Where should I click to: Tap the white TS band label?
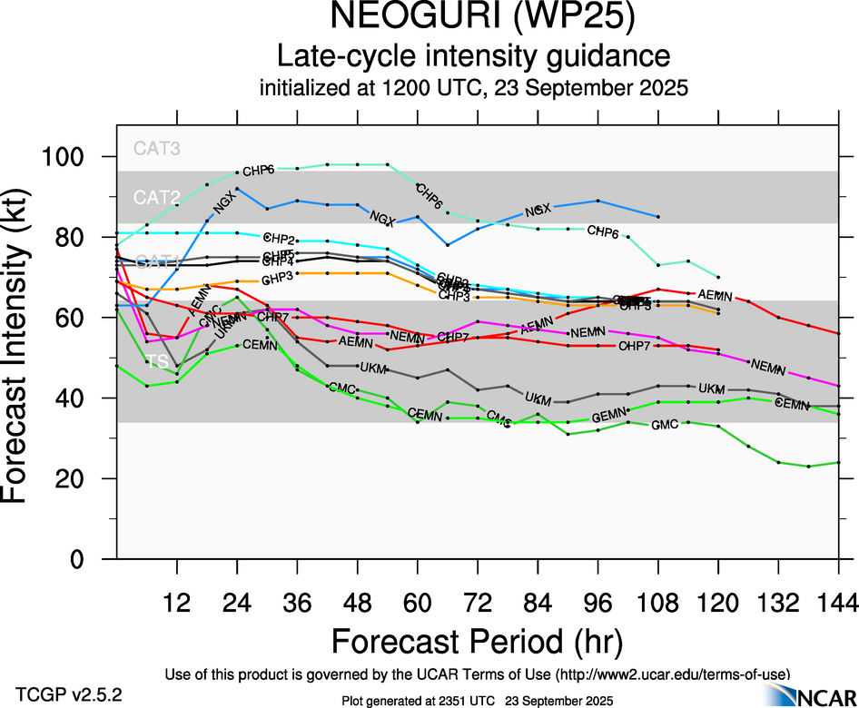[x=157, y=361]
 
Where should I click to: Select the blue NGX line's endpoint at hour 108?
[x=657, y=217]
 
